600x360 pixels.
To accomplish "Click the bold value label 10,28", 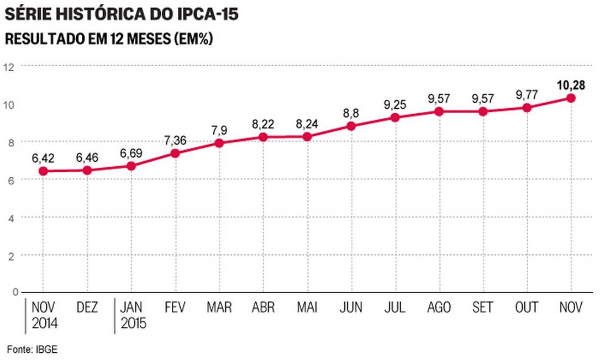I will [571, 85].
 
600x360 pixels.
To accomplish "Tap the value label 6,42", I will [43, 158].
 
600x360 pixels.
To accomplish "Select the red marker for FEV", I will [175, 153].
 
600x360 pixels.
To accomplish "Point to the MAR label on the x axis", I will [219, 308].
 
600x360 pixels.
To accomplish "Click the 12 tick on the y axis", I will [8, 67].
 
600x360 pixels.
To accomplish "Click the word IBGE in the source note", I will [48, 349].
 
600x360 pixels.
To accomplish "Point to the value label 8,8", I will [351, 114].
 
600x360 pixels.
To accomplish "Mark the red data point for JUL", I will [394, 118].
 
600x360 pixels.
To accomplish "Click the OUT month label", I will [527, 308].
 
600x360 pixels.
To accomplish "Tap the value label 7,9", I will [219, 130].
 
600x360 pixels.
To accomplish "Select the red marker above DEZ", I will [87, 170].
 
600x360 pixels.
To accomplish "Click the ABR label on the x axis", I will [263, 308].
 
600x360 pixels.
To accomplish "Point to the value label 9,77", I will [527, 95].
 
